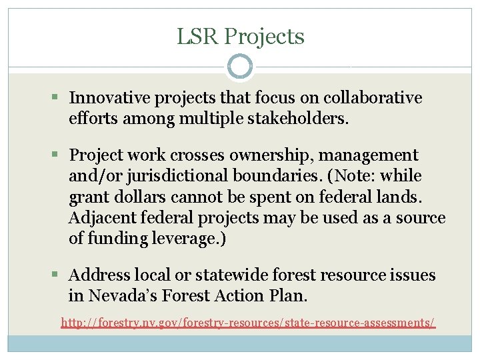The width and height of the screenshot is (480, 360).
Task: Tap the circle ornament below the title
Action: click(x=240, y=67)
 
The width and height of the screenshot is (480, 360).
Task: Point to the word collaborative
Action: click(x=373, y=98)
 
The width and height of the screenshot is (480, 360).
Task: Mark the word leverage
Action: click(x=189, y=239)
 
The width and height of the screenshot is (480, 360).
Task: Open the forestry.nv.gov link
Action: click(x=248, y=323)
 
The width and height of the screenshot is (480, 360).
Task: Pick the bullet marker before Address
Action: click(x=59, y=275)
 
